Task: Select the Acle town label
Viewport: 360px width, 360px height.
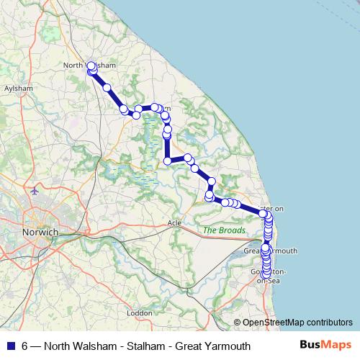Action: (174, 222)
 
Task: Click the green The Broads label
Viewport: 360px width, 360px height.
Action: (225, 230)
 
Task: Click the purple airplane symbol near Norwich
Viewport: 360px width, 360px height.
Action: (36, 192)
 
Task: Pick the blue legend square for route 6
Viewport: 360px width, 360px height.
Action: (10, 346)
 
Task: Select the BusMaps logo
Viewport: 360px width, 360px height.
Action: (325, 346)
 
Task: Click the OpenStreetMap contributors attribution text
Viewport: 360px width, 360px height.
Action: (297, 323)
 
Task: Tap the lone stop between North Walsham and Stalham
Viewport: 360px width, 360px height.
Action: (107, 88)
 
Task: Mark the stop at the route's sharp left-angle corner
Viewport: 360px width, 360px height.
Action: (167, 161)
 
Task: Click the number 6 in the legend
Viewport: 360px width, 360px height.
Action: (24, 346)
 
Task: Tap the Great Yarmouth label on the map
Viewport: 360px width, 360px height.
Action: (271, 251)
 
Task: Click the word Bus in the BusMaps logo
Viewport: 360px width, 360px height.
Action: (312, 346)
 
